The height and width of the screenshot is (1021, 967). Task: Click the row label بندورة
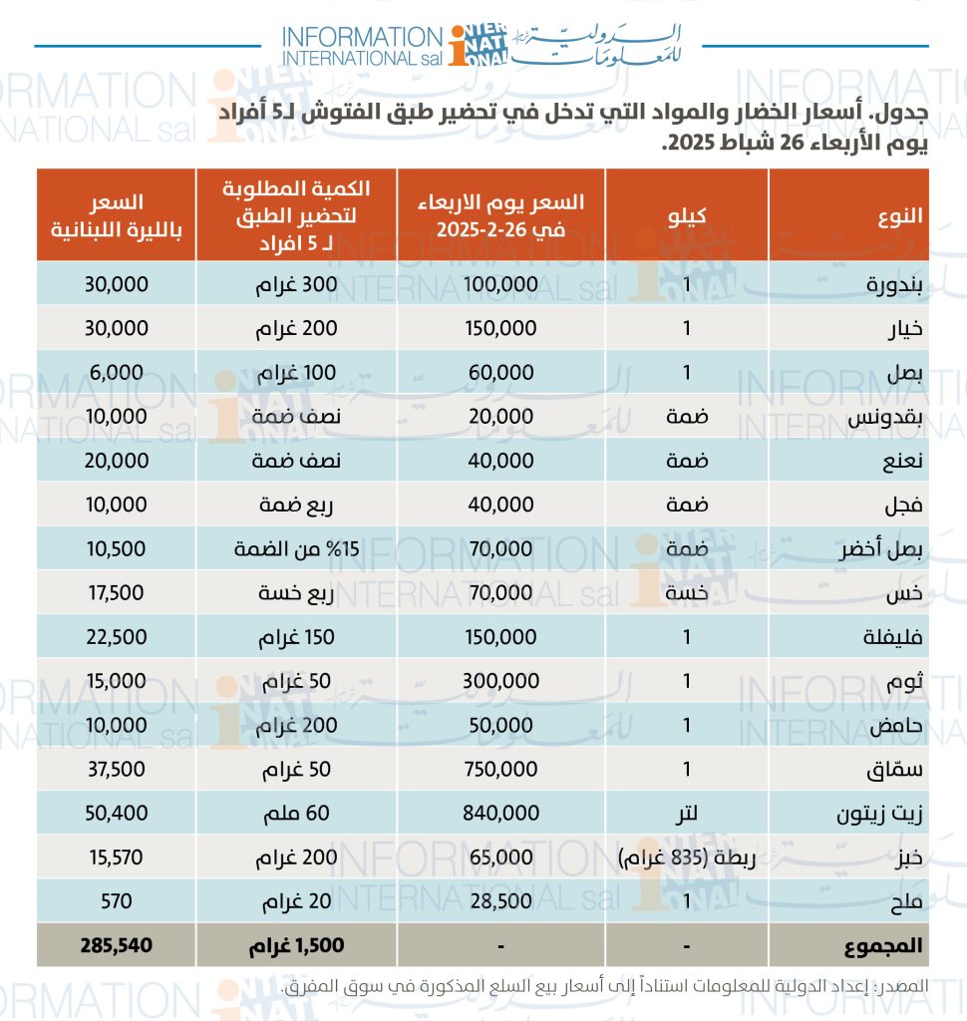[x=893, y=285]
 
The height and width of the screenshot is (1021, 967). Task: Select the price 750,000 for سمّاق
[x=500, y=769]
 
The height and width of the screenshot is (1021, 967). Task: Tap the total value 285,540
[x=117, y=945]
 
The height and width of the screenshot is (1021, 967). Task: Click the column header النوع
[x=900, y=215]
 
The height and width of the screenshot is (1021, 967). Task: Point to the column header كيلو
[x=686, y=215]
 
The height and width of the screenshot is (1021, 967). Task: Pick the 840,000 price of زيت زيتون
[x=500, y=813]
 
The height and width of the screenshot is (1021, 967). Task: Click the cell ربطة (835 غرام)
[x=686, y=857]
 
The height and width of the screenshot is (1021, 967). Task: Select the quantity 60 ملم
[x=296, y=814]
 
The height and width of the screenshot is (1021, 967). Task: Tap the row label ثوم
[x=905, y=682]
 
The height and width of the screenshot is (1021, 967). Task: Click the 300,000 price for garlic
[x=500, y=681]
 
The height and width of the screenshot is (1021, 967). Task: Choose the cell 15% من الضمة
[x=296, y=549]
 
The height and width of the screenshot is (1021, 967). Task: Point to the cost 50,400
[x=117, y=814]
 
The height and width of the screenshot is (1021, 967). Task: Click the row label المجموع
[x=883, y=946]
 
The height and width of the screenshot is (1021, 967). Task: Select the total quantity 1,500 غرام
[x=296, y=946]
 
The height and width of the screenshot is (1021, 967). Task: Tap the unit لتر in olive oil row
[x=686, y=814]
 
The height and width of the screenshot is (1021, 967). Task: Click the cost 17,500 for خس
[x=117, y=593]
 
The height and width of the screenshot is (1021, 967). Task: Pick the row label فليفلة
[x=893, y=637]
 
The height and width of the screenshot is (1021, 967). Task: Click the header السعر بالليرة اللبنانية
[x=117, y=216]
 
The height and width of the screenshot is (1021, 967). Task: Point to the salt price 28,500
[x=500, y=901]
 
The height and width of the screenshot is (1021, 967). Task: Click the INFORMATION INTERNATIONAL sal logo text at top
[x=362, y=46]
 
